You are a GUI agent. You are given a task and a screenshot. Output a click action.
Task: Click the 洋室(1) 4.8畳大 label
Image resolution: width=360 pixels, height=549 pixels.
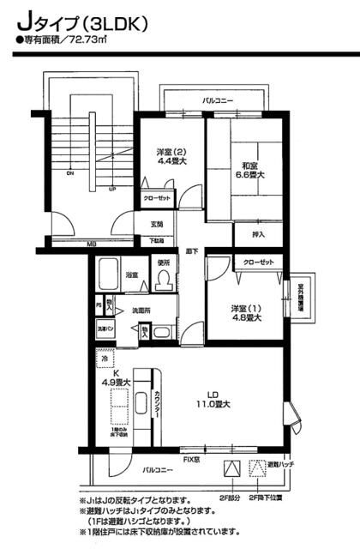(245, 312)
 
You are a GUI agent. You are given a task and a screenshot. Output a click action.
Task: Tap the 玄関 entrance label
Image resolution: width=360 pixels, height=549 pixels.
(157, 225)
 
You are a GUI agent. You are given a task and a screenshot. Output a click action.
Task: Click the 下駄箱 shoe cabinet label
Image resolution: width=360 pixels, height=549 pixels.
(157, 241)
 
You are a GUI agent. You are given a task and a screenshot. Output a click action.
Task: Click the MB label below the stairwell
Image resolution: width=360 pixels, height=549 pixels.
(91, 244)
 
